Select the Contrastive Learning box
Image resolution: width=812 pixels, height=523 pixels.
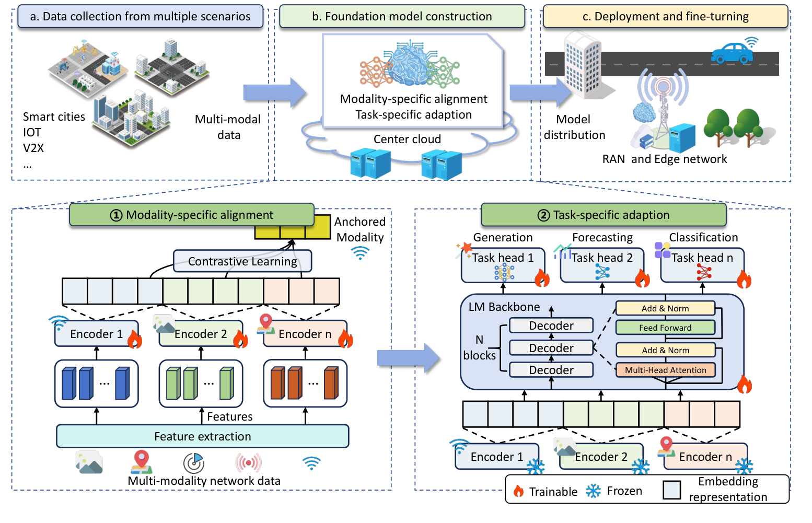[242, 261]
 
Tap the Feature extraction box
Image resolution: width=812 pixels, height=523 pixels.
[202, 436]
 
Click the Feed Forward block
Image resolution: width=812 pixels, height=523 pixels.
[665, 328]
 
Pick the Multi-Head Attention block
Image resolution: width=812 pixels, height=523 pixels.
[665, 370]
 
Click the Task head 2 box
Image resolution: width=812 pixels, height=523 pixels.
[602, 265]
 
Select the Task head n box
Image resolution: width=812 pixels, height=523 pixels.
[702, 265]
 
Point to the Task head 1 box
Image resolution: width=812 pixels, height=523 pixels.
[503, 265]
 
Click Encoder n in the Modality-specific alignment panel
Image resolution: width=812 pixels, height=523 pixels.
[305, 334]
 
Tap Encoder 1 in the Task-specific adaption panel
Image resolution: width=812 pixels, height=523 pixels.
[496, 457]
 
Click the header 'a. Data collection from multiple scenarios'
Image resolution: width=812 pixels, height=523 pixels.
[140, 17]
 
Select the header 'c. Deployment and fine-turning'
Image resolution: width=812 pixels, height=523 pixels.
[665, 17]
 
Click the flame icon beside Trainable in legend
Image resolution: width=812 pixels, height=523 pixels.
[518, 491]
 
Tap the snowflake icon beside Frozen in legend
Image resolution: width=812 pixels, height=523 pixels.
[593, 491]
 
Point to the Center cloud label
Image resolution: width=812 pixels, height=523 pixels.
[407, 139]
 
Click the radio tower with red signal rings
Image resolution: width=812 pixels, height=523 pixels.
[663, 104]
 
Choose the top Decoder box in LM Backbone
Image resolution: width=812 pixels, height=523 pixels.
[551, 326]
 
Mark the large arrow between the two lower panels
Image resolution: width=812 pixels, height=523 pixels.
[409, 358]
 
